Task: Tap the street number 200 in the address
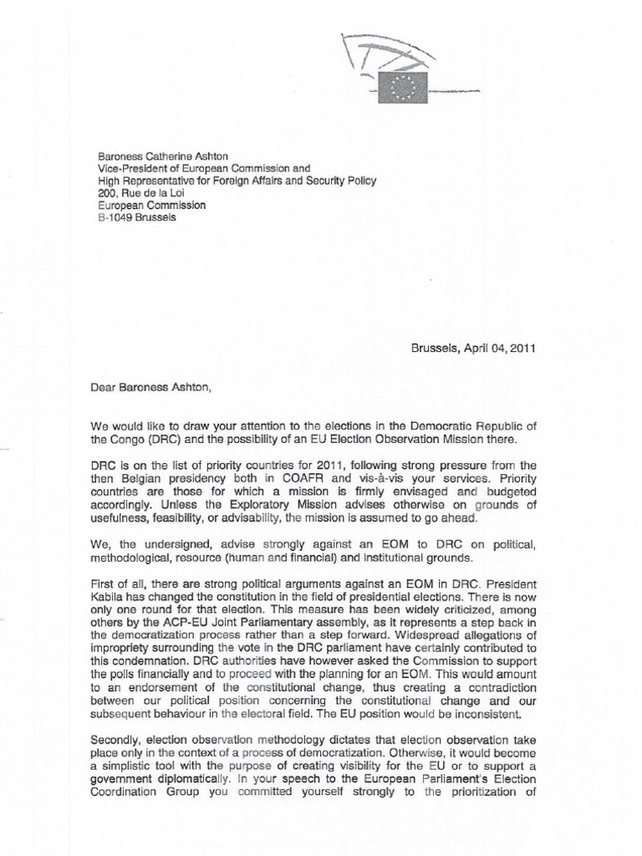107,193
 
